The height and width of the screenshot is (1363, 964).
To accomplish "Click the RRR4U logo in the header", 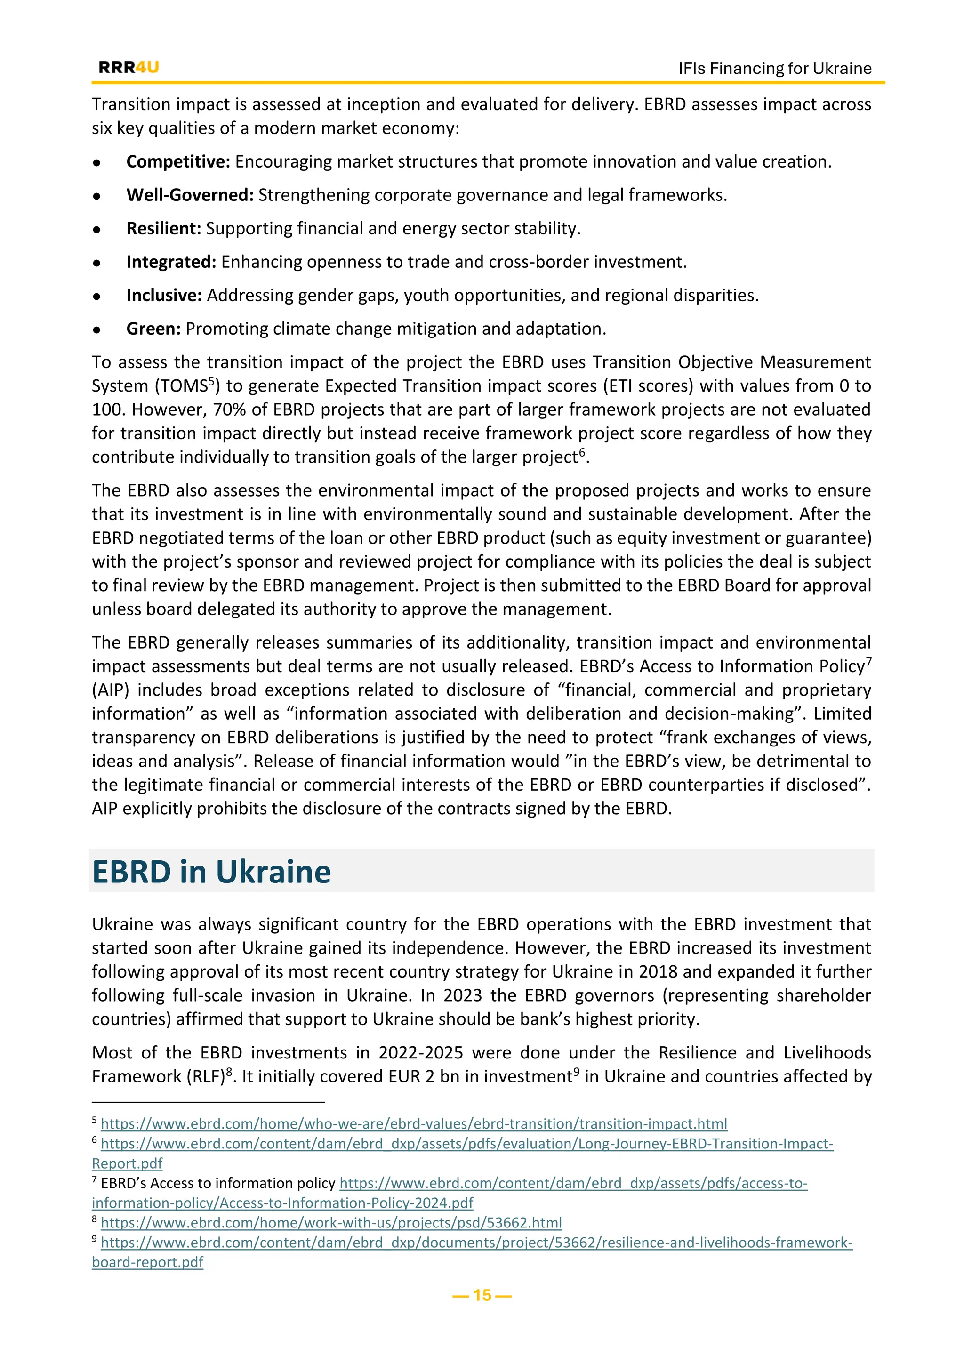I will [x=129, y=67].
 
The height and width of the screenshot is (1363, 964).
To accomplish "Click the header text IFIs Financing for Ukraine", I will [x=775, y=68].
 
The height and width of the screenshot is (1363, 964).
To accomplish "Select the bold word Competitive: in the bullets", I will [x=178, y=161].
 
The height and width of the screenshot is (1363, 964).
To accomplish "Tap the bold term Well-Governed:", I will [x=190, y=195].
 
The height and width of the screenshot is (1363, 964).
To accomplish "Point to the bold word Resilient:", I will [x=164, y=229].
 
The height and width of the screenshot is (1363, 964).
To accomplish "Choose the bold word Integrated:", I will [x=171, y=262].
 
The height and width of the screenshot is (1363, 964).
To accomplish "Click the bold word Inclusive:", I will [x=164, y=295].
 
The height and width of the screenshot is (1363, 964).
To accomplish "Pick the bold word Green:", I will [x=153, y=329].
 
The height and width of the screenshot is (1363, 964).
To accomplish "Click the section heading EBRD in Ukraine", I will [x=211, y=872].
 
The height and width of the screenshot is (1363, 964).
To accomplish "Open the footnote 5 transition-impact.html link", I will [x=414, y=1124].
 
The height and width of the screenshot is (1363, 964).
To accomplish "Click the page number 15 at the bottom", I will [x=482, y=1295].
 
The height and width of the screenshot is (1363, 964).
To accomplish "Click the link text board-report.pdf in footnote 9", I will [x=147, y=1262].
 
